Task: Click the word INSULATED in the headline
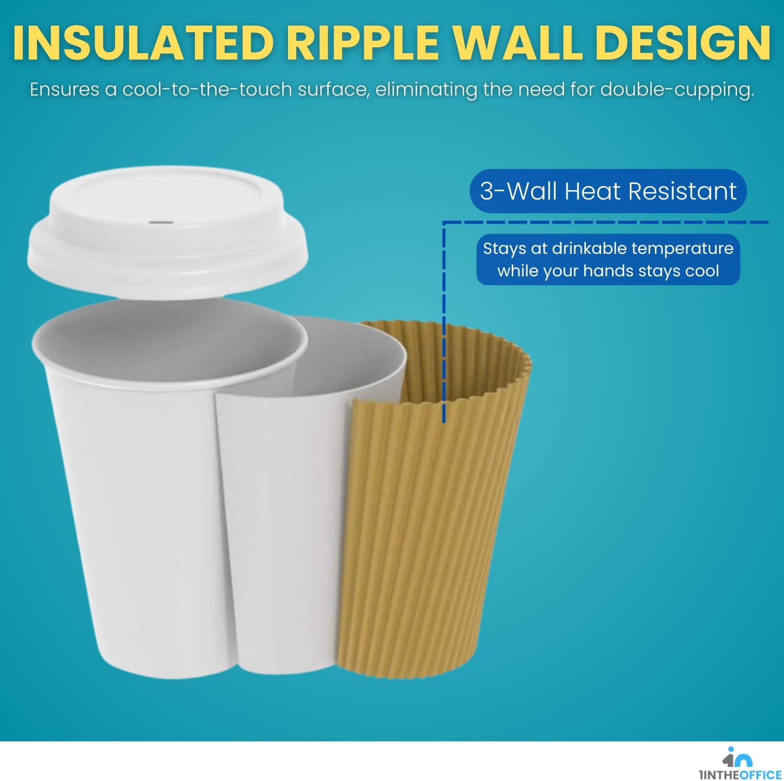pyautogui.click(x=144, y=43)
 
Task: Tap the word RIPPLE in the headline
pyautogui.click(x=363, y=43)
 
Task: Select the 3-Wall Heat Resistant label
pyautogui.click(x=608, y=191)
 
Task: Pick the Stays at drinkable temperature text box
pyautogui.click(x=608, y=260)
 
